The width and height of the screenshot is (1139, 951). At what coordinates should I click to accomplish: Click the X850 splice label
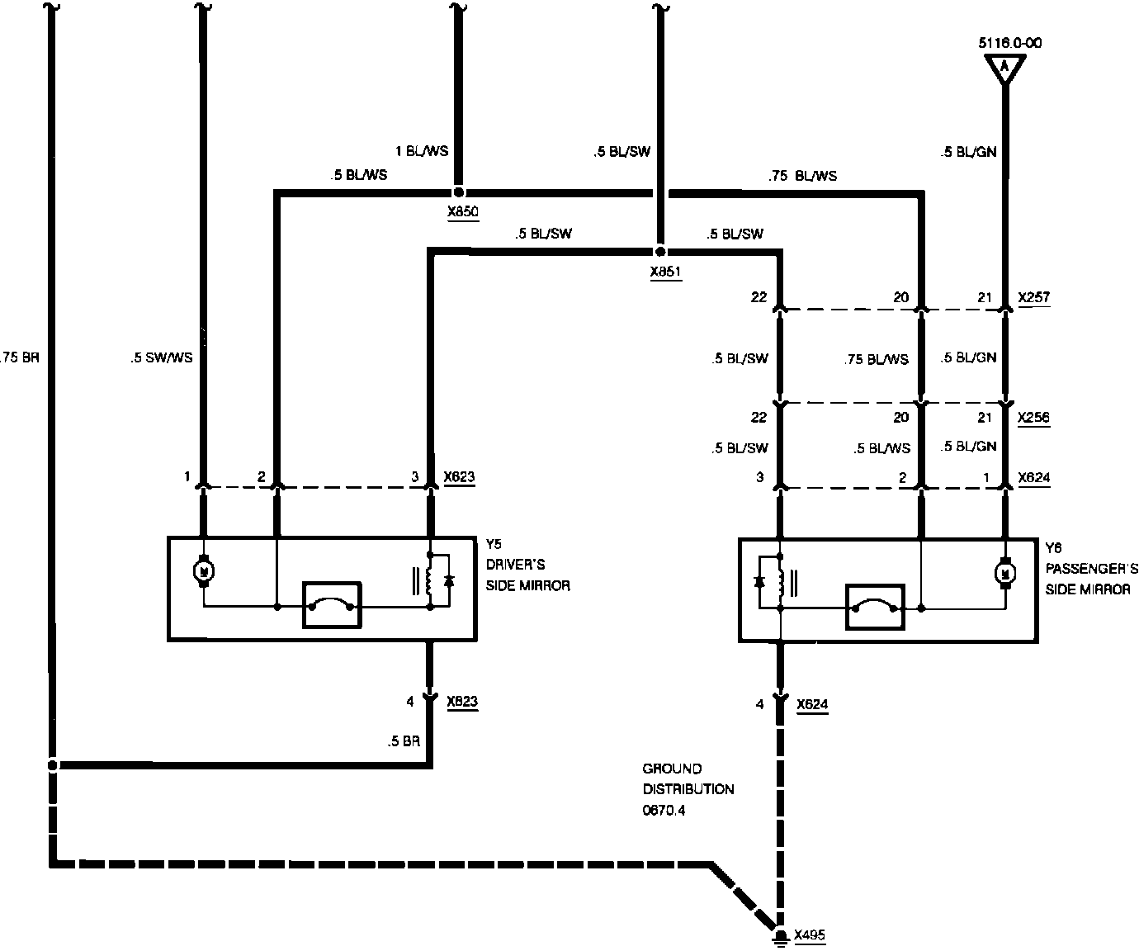coord(462,212)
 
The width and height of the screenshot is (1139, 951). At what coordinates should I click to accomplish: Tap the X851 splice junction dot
coord(659,251)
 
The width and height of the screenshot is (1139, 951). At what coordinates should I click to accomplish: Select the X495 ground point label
coord(809,935)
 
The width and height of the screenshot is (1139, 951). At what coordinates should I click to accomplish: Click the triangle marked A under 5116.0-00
coord(1004,66)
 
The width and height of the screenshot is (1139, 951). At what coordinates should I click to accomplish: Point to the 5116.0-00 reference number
coord(1009,43)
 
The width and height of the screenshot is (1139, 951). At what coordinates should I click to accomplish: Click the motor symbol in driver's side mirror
coord(203,570)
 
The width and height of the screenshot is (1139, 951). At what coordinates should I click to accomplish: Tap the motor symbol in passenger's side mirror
coord(1005,570)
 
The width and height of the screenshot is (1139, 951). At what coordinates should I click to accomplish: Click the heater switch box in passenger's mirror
coord(875,608)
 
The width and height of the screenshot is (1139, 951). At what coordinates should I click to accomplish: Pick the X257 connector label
coord(1033,297)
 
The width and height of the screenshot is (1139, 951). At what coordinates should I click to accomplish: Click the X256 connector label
coord(1033,417)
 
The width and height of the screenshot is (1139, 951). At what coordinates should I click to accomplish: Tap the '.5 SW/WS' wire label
coord(161,358)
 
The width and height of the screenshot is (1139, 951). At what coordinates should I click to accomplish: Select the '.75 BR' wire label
coord(21,358)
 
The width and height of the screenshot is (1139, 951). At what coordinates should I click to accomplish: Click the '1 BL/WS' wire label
coord(422,151)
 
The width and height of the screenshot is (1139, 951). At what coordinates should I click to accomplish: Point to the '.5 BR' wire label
coord(404,741)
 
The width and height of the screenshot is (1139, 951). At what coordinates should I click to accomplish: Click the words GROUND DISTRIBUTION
coord(688,778)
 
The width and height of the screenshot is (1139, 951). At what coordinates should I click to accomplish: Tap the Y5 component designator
coord(494,545)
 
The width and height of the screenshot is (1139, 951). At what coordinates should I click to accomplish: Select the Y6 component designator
coord(1054,547)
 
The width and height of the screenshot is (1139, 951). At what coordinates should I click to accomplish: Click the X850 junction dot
coord(459,192)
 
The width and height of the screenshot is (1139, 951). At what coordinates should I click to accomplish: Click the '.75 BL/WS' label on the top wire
coord(802,175)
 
